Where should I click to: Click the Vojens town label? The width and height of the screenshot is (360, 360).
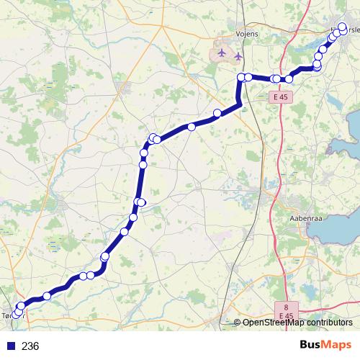tap(246, 33)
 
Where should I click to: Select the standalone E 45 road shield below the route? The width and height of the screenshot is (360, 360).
tap(282, 97)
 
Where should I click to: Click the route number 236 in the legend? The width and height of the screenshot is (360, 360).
tap(30, 346)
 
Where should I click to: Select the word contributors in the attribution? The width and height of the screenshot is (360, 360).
tap(329, 323)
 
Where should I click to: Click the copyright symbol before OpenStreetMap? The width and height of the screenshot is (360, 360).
tap(238, 323)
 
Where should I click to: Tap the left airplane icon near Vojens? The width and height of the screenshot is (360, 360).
tap(221, 54)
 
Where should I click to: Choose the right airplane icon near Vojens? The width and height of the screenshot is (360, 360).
tap(238, 56)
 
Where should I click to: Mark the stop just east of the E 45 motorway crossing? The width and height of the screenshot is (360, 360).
tap(289, 78)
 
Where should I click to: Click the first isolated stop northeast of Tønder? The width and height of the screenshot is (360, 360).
tap(47, 296)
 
